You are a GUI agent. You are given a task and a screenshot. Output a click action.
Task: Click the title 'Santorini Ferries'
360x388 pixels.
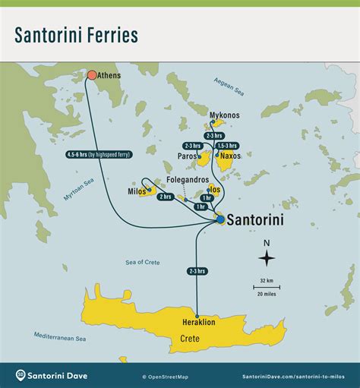[76, 34]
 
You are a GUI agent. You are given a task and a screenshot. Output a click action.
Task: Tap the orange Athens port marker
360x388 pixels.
[92, 75]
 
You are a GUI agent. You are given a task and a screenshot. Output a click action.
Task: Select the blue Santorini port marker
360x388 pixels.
[220, 219]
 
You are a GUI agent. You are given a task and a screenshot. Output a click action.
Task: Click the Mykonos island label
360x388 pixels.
[224, 115]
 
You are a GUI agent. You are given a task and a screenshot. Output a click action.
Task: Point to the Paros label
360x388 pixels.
[187, 157]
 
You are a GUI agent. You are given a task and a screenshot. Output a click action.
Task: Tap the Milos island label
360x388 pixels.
[137, 191]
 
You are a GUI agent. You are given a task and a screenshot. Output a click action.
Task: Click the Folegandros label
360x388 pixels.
[188, 180]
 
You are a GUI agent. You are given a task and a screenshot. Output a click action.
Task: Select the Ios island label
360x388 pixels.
[216, 191]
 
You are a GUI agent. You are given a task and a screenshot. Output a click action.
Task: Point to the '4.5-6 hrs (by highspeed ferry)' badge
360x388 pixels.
[99, 154]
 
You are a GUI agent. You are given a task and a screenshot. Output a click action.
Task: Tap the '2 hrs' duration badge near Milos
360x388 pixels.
[166, 197]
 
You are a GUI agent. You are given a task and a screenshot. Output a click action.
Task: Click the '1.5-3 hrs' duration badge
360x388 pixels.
[227, 145]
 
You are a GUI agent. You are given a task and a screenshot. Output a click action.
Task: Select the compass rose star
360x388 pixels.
[267, 258]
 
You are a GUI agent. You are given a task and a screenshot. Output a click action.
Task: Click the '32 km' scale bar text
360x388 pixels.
[266, 280]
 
